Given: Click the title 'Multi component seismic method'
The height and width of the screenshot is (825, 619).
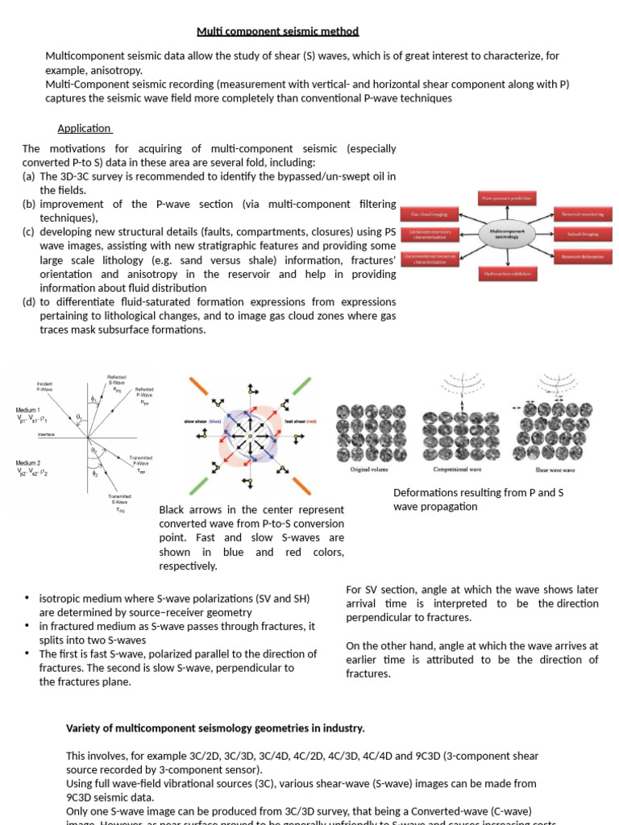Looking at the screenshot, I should tap(278, 31).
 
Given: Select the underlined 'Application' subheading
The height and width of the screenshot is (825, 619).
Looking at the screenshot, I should tap(85, 128).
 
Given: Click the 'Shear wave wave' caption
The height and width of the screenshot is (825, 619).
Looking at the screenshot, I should tap(555, 469).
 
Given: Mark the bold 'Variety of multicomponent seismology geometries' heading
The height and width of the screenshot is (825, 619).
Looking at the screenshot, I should tap(215, 728).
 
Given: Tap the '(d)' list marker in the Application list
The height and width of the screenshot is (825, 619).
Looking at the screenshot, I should tap(29, 302).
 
